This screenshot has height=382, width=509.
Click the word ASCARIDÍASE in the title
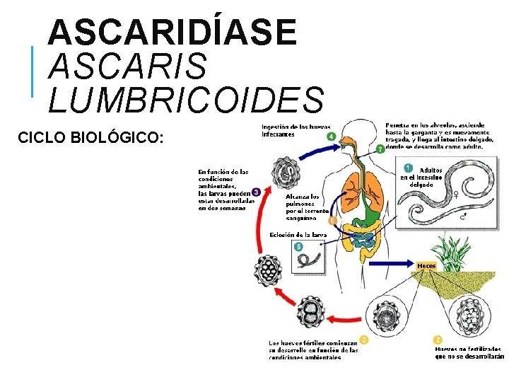click(x=173, y=33)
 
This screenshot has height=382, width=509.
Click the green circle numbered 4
click(x=330, y=137)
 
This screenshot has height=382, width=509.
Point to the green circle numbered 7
click(x=380, y=149)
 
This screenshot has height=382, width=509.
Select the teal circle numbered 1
click(x=408, y=168)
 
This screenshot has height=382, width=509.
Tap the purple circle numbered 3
click(x=256, y=191)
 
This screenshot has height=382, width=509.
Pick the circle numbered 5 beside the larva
click(x=298, y=247)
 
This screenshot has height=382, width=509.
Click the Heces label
click(x=426, y=266)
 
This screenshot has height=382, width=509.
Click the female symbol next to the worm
click(x=456, y=192)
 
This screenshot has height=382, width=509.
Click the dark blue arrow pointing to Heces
click(x=382, y=262)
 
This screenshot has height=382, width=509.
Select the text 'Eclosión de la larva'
click(x=300, y=235)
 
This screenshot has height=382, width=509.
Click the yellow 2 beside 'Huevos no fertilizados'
click(x=438, y=340)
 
